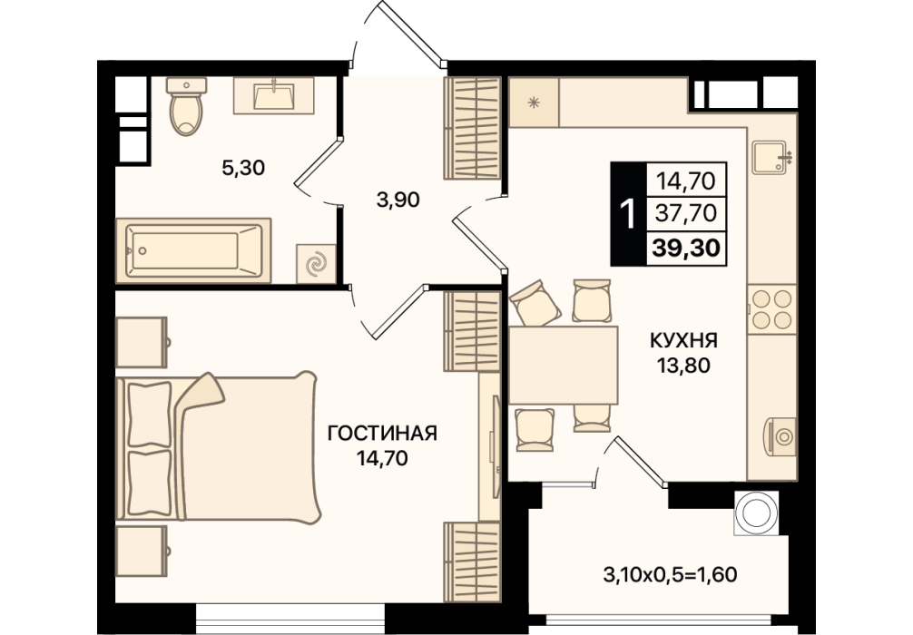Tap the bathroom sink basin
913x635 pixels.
pos(274,95)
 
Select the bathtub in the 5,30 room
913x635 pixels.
pos(193,251)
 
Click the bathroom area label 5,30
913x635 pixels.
pos(243,168)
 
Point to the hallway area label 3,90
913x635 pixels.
pos(398,200)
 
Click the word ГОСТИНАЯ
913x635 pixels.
pos(382,434)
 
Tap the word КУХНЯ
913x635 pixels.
pos(683,340)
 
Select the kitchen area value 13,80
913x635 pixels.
pos(684,366)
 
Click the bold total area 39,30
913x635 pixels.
pos(686,249)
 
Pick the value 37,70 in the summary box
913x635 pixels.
pos(686,213)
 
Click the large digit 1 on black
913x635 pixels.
pos(628,214)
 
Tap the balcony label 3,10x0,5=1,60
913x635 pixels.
pos(670,575)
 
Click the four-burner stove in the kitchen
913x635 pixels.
pos(772,309)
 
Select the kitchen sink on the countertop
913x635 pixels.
pos(771,157)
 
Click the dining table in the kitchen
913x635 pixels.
pos(563,365)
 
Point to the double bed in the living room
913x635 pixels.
pos(219,445)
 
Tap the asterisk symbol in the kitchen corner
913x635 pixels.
pos(533,103)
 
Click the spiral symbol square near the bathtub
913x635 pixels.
pos(316,264)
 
